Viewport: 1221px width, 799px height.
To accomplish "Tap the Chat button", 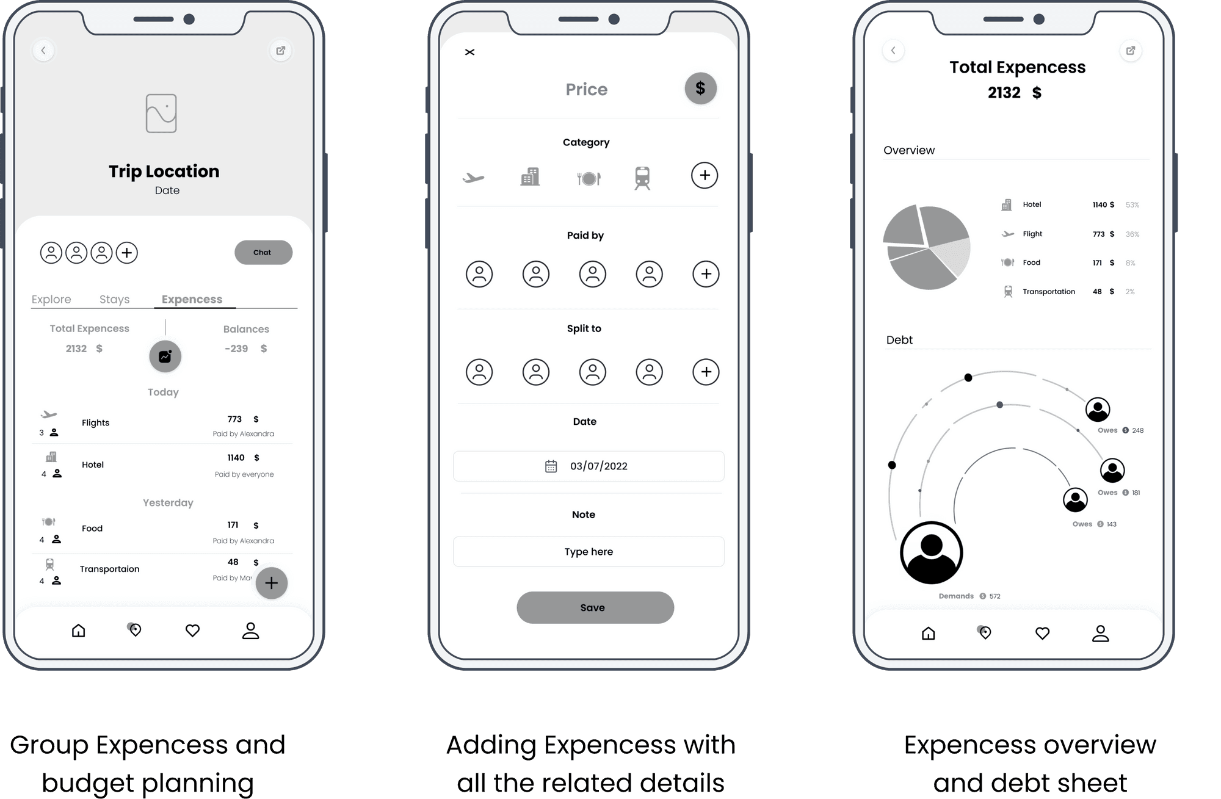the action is point(263,252).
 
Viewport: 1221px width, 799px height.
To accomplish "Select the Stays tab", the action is point(114,299).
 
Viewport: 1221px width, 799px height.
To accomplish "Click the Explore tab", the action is point(51,299).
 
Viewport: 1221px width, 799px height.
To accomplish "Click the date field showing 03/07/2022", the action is point(589,466).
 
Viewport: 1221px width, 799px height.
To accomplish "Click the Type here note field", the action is point(589,552).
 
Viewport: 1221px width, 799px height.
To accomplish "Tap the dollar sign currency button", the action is point(700,89).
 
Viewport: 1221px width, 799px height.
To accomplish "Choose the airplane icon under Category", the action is point(473,178).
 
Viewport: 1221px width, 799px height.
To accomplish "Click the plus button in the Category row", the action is point(705,176).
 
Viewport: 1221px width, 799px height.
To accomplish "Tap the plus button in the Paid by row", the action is point(706,274).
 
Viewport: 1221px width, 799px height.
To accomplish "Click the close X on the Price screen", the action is point(469,52).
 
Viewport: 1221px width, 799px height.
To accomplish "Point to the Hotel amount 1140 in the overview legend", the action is point(1100,205).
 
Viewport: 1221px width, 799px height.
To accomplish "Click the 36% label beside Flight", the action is point(1132,234).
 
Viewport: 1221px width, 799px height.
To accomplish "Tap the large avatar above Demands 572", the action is point(932,553).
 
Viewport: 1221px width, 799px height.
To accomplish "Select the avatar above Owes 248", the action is point(1098,409).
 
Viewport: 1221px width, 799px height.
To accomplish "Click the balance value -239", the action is point(236,349).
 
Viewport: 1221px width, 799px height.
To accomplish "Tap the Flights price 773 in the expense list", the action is point(234,419).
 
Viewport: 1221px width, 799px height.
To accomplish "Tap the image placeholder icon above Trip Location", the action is point(161,113).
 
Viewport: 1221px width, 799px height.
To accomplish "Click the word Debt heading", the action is point(899,340).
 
